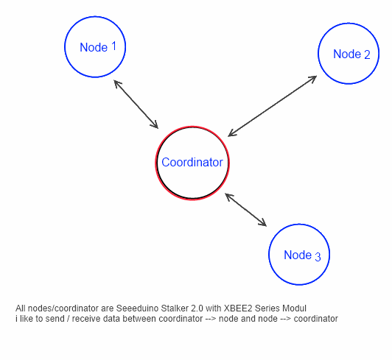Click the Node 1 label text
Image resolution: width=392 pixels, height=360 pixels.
(x=98, y=47)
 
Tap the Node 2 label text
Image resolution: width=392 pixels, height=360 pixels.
(x=351, y=54)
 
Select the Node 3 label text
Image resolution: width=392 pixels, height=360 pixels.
(x=302, y=255)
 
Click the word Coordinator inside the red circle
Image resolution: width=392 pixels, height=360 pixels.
(x=192, y=162)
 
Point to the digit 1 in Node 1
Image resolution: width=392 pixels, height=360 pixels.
(x=113, y=46)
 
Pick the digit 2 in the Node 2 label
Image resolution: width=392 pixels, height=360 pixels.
(x=367, y=54)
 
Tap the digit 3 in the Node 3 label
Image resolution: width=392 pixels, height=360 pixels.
(x=318, y=257)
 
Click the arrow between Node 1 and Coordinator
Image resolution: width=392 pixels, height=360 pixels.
(x=136, y=105)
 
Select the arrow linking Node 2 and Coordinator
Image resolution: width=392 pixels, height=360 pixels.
(x=273, y=106)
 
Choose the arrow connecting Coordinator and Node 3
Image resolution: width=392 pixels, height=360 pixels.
(x=246, y=210)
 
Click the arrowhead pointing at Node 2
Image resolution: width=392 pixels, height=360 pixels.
(x=313, y=79)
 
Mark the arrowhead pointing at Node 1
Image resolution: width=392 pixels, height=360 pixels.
(x=117, y=83)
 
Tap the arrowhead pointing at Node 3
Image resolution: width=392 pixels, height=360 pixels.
(x=262, y=223)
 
